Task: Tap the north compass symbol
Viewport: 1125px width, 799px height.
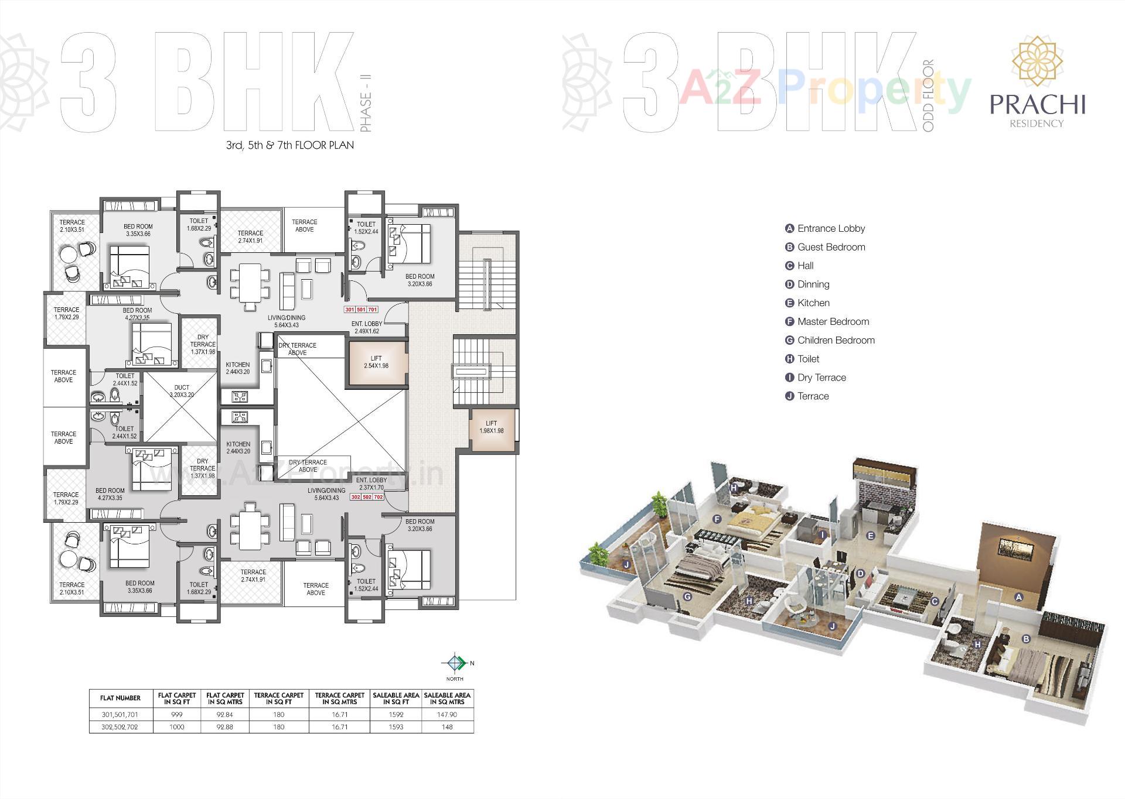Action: pos(455,663)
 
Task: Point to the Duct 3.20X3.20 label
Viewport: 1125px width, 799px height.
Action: pos(181,391)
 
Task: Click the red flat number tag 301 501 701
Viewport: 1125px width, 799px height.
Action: pos(361,309)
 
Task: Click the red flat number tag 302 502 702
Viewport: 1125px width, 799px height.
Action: pos(367,497)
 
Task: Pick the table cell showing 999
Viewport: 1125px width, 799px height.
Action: pos(176,715)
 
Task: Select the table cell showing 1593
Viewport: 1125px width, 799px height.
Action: pos(396,727)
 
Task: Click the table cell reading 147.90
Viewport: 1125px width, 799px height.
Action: pos(447,715)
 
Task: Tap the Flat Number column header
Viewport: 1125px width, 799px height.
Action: pos(120,698)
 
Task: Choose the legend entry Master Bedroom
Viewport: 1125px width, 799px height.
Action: pos(833,321)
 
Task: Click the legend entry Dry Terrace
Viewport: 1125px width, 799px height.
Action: pos(821,378)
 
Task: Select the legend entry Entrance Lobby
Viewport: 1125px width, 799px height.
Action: pos(830,228)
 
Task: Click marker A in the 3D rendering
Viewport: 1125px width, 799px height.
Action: pos(1018,597)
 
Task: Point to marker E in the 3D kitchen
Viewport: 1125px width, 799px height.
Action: pos(870,536)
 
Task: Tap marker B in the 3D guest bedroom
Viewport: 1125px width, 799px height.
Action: pos(1025,639)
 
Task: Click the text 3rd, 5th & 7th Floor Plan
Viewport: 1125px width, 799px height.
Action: pos(290,145)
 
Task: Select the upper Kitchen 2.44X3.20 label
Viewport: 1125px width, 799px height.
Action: pos(238,368)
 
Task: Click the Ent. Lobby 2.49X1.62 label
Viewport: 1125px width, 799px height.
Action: pos(367,327)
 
